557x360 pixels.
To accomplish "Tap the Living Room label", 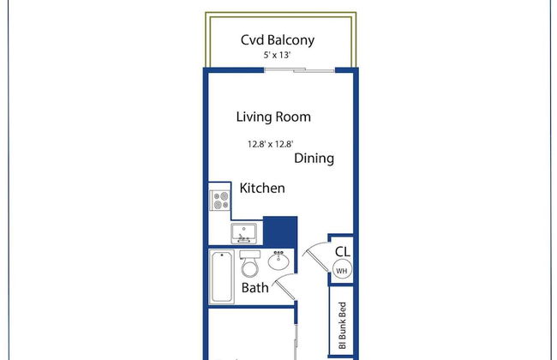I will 273,117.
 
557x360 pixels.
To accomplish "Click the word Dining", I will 314,159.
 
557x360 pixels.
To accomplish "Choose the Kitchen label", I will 262,188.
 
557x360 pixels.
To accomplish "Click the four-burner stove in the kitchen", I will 220,201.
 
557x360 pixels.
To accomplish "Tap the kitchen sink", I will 244,231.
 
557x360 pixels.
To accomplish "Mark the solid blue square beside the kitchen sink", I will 279,231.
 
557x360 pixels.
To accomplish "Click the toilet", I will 249,261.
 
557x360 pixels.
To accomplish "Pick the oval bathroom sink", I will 278,261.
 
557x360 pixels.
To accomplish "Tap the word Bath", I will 255,288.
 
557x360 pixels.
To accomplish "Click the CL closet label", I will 342,251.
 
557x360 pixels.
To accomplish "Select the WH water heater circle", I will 341,270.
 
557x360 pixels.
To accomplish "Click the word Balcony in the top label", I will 291,39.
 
